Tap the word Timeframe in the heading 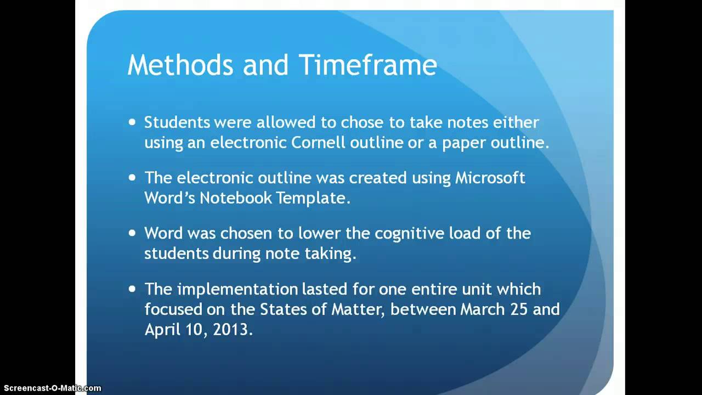[x=367, y=66]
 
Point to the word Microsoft [x=490, y=178]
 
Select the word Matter [x=360, y=309]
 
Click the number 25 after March [x=522, y=309]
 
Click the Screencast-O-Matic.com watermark [x=51, y=388]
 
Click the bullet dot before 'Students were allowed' [x=132, y=122]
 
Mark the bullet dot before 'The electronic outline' [x=132, y=178]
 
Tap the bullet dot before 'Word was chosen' [x=132, y=233]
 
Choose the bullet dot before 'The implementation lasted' [x=132, y=289]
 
